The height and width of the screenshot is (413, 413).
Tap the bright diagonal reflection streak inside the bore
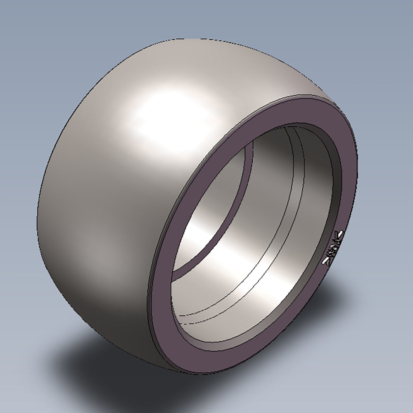point(231,248)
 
